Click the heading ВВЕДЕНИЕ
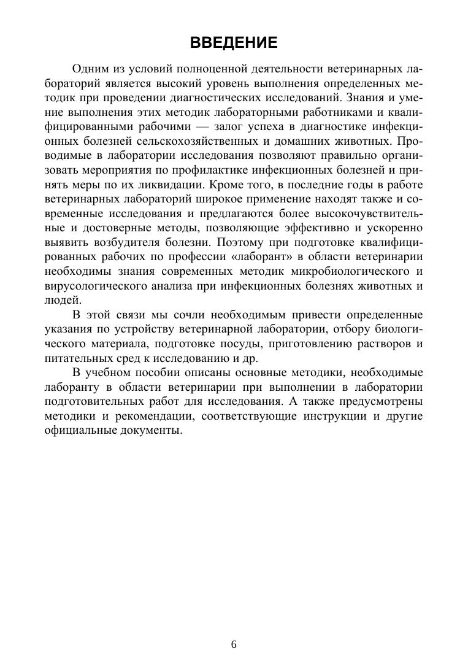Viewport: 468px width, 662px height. pos(234,42)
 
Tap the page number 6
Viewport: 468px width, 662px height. pos(234,644)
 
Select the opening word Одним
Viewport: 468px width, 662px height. pos(90,68)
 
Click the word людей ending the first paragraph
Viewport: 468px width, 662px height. pos(63,300)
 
